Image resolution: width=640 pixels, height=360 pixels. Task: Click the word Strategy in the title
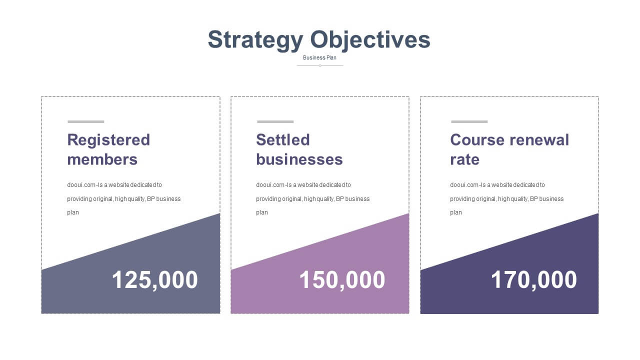tap(255, 40)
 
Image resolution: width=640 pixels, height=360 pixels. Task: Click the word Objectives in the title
tap(370, 40)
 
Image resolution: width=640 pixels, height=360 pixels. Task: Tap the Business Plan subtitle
tap(319, 57)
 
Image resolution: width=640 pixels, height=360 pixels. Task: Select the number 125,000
tap(155, 280)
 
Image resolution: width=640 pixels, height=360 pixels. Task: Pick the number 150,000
tap(342, 280)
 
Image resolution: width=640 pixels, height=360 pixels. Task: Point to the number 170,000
tap(533, 280)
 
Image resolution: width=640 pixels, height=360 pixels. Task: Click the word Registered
tap(108, 140)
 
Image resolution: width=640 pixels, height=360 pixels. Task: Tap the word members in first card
tap(102, 159)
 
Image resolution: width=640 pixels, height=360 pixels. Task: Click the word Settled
tap(283, 139)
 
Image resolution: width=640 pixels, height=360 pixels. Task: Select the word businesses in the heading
tap(299, 159)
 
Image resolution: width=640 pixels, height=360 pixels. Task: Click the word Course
tap(477, 139)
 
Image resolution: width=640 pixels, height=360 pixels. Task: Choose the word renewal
tap(539, 139)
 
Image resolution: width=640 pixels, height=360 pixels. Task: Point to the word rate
tap(465, 159)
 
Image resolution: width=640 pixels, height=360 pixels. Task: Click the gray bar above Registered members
tap(86, 121)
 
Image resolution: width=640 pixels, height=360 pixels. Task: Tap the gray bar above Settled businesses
tap(275, 121)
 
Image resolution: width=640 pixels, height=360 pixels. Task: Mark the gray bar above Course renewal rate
tap(469, 121)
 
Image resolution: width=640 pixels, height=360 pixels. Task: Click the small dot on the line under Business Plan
tap(320, 65)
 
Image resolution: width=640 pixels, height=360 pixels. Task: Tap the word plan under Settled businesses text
tap(262, 212)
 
